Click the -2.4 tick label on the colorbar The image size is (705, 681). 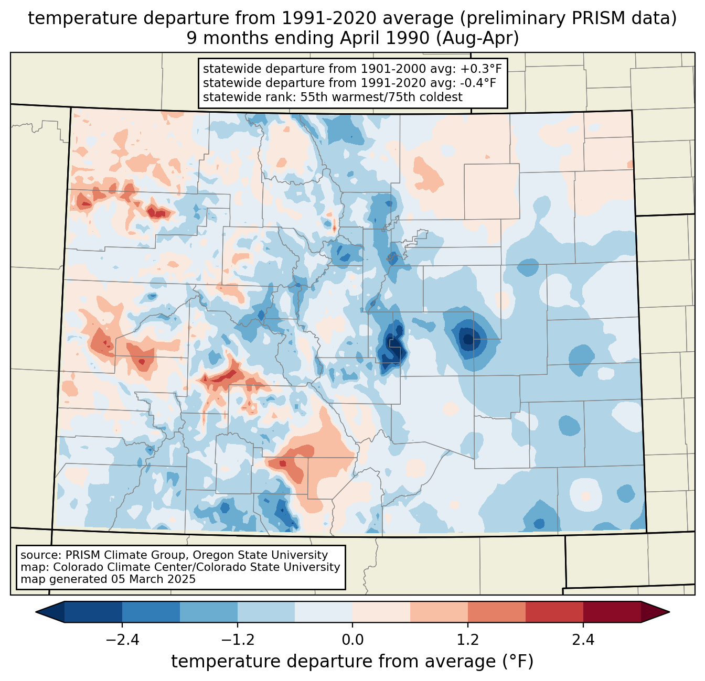122,640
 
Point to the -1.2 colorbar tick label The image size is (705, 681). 238,640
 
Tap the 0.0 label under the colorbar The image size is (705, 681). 352,640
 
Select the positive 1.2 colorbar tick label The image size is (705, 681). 468,640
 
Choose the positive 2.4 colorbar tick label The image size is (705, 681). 583,640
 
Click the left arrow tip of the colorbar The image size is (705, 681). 36,612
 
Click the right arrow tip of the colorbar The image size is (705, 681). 669,612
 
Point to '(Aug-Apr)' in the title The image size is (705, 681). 477,38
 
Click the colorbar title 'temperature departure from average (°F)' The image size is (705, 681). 352,662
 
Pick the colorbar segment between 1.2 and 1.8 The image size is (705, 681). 497,612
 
